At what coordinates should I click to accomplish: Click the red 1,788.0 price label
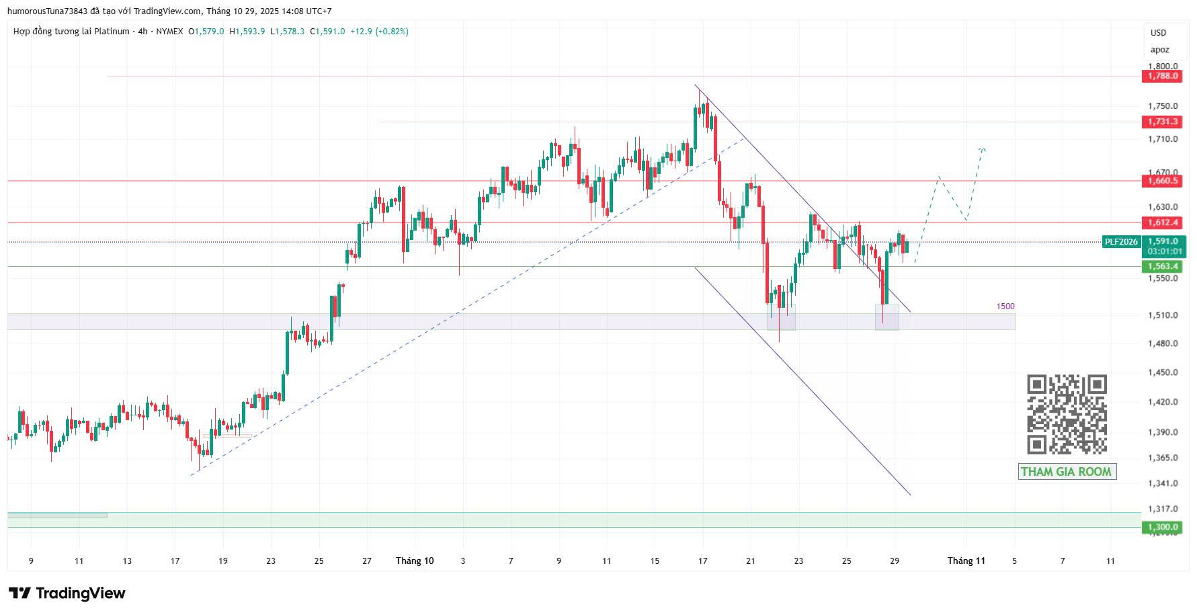click(1162, 76)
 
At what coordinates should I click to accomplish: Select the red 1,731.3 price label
click(1162, 122)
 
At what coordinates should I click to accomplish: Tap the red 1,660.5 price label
click(1162, 181)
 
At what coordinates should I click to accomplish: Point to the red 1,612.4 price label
click(1162, 222)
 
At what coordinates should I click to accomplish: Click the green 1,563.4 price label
click(1162, 267)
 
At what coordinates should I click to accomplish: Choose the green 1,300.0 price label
click(1162, 527)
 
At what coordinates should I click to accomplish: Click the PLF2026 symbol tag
click(1121, 242)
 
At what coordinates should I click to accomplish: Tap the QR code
click(1067, 415)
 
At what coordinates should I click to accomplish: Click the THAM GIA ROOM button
click(1067, 472)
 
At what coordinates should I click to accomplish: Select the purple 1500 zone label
click(1005, 306)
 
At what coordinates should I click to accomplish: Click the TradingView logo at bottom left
click(67, 593)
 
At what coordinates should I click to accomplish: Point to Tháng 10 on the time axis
click(415, 561)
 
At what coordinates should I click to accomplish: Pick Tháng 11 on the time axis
click(966, 561)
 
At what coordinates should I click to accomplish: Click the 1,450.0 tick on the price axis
click(1162, 372)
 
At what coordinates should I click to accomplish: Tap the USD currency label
click(1158, 32)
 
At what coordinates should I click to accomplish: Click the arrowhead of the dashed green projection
click(983, 149)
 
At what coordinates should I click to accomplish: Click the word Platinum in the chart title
click(112, 32)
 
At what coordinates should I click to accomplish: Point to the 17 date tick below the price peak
click(703, 561)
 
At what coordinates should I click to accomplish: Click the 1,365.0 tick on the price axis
click(1162, 458)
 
